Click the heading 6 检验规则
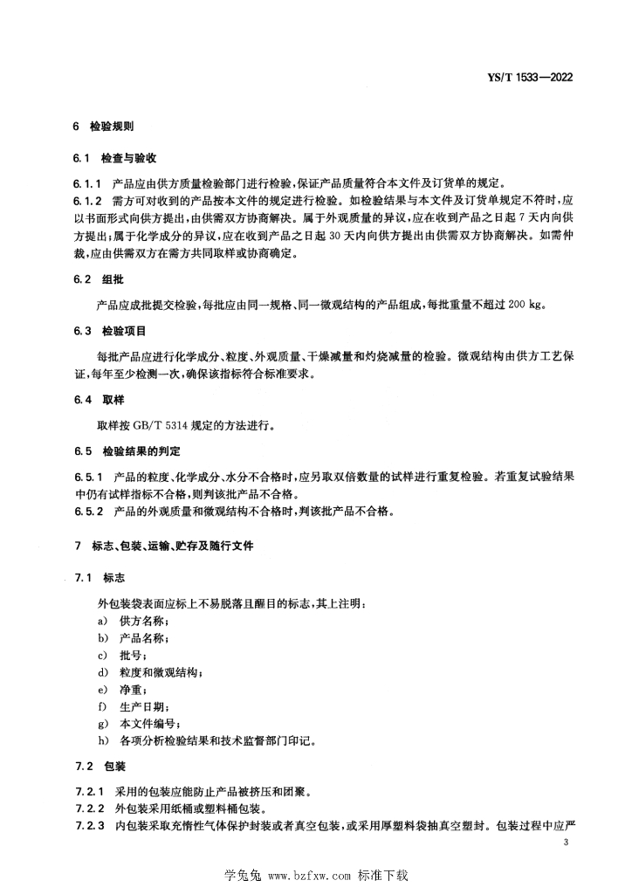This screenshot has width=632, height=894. (103, 127)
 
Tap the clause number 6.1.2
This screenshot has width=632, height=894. (88, 201)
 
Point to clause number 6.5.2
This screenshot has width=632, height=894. (88, 511)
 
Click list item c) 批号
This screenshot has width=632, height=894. (121, 655)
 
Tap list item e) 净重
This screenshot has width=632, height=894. (121, 690)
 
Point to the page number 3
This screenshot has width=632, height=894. (567, 842)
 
